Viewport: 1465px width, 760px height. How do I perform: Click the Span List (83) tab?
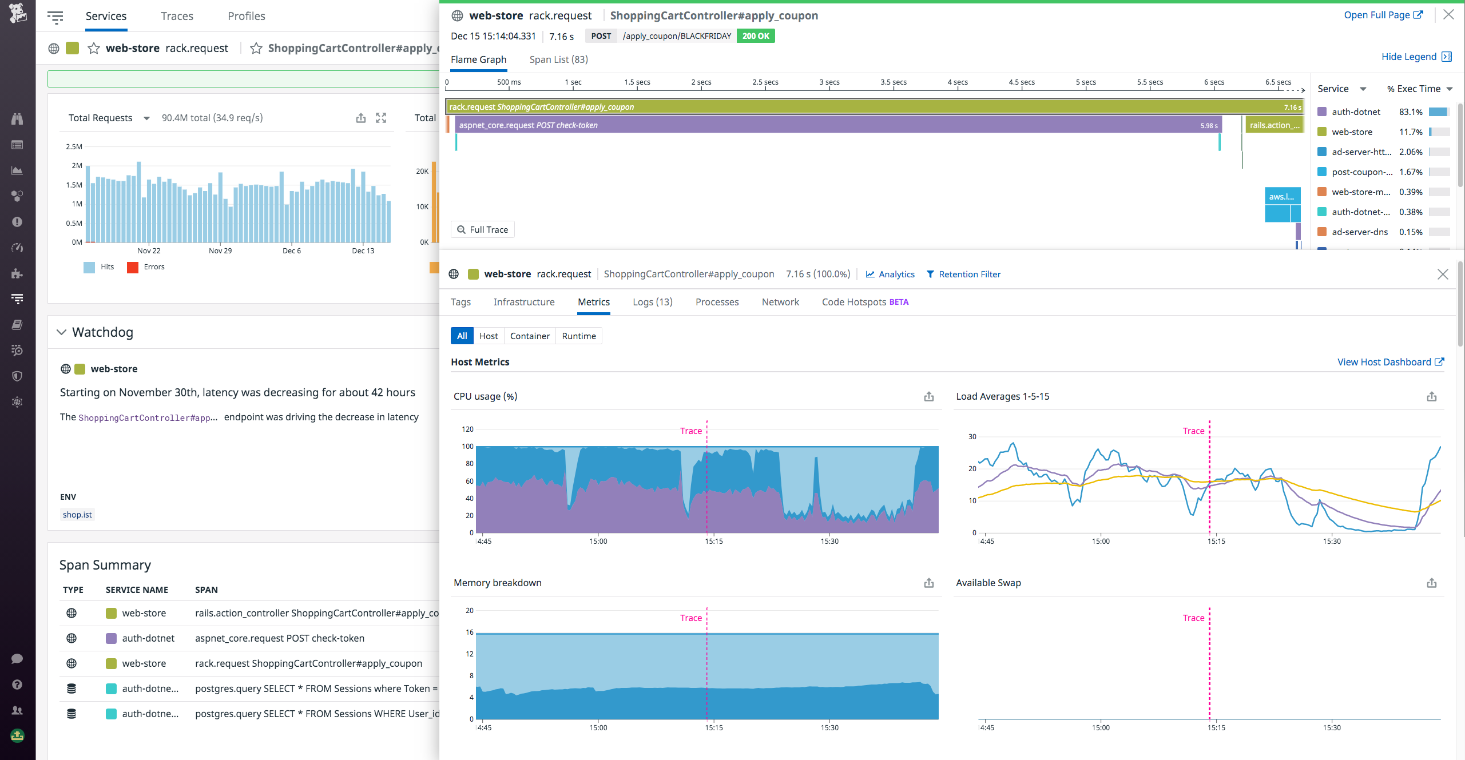click(558, 59)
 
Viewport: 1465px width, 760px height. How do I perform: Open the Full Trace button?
click(483, 229)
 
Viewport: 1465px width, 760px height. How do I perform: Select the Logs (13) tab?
click(652, 302)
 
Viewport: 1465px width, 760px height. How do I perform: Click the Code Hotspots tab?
click(864, 302)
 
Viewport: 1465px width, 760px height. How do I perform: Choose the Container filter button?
click(530, 336)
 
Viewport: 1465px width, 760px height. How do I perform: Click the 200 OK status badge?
click(756, 36)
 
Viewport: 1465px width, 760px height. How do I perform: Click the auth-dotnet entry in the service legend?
click(1356, 112)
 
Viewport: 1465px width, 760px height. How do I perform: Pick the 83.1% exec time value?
click(1411, 112)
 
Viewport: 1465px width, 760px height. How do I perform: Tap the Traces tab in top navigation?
click(177, 16)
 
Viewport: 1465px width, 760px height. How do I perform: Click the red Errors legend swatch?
click(133, 267)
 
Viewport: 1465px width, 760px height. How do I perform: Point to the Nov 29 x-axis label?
click(220, 251)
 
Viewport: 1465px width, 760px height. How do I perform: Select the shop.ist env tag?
click(77, 515)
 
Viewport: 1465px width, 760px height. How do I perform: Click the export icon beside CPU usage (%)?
click(929, 397)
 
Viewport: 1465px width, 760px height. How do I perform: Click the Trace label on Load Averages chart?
click(1193, 431)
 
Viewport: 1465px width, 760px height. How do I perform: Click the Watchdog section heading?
click(102, 332)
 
